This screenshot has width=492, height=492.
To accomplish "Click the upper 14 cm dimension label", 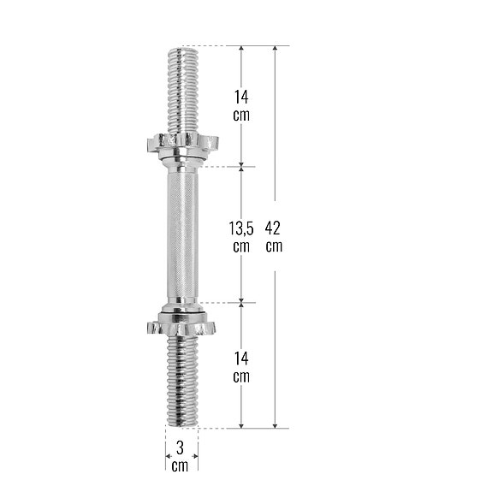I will click(241, 105).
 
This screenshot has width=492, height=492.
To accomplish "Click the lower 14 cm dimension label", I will click(241, 366).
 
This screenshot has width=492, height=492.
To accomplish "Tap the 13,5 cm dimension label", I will click(241, 237).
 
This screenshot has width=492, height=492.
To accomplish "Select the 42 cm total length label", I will click(274, 237).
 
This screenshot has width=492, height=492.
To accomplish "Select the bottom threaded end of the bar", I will click(181, 381).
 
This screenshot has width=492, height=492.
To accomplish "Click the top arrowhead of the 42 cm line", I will click(275, 50).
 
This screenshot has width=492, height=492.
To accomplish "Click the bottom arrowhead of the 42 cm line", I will click(275, 424).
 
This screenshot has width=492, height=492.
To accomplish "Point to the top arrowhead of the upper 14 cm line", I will click(242, 50).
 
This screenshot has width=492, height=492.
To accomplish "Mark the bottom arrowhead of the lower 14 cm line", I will click(242, 424).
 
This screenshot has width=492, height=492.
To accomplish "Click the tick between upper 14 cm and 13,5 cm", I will click(242, 165).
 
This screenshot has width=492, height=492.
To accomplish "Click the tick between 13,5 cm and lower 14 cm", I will click(242, 302).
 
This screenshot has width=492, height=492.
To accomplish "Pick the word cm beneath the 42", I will click(274, 246).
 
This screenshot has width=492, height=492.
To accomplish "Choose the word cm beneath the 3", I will click(180, 466).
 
